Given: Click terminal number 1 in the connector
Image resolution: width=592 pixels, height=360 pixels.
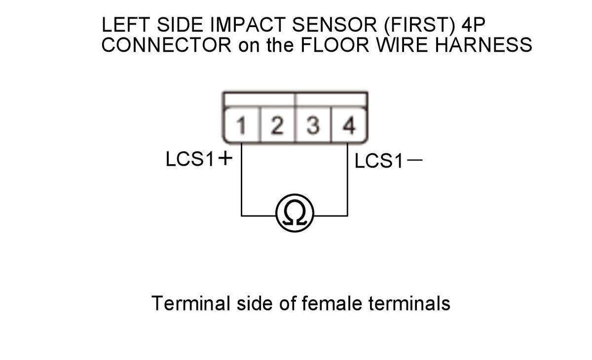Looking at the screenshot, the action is (241, 126).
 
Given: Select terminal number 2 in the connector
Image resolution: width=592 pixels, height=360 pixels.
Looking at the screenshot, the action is (277, 126).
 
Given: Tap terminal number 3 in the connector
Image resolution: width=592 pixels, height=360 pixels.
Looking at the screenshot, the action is (313, 126).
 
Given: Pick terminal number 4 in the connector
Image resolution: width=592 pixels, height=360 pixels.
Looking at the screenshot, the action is (349, 126).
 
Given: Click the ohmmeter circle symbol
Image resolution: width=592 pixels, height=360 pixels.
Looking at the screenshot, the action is (295, 213).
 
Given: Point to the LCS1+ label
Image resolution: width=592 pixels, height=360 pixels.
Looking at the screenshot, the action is (199, 159).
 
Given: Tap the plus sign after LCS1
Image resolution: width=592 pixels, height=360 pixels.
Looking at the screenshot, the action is (225, 158).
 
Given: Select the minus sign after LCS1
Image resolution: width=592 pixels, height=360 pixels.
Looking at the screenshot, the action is (415, 159).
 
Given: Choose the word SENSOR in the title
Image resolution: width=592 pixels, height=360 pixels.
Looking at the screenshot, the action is (334, 25).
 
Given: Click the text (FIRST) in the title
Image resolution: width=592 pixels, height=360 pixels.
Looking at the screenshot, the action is (419, 25).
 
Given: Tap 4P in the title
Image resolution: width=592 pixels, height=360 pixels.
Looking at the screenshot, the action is (473, 25).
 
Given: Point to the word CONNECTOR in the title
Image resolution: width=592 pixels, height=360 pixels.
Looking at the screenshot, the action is (167, 45).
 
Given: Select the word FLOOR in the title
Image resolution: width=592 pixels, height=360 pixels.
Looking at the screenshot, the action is (335, 45).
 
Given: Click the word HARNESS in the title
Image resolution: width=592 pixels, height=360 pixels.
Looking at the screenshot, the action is (483, 45).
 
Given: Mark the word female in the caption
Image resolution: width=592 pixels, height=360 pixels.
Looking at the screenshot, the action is (332, 303).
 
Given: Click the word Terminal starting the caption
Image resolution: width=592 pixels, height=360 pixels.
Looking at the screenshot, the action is (191, 303).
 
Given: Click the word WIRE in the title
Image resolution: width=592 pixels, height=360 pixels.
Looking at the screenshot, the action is (402, 45).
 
